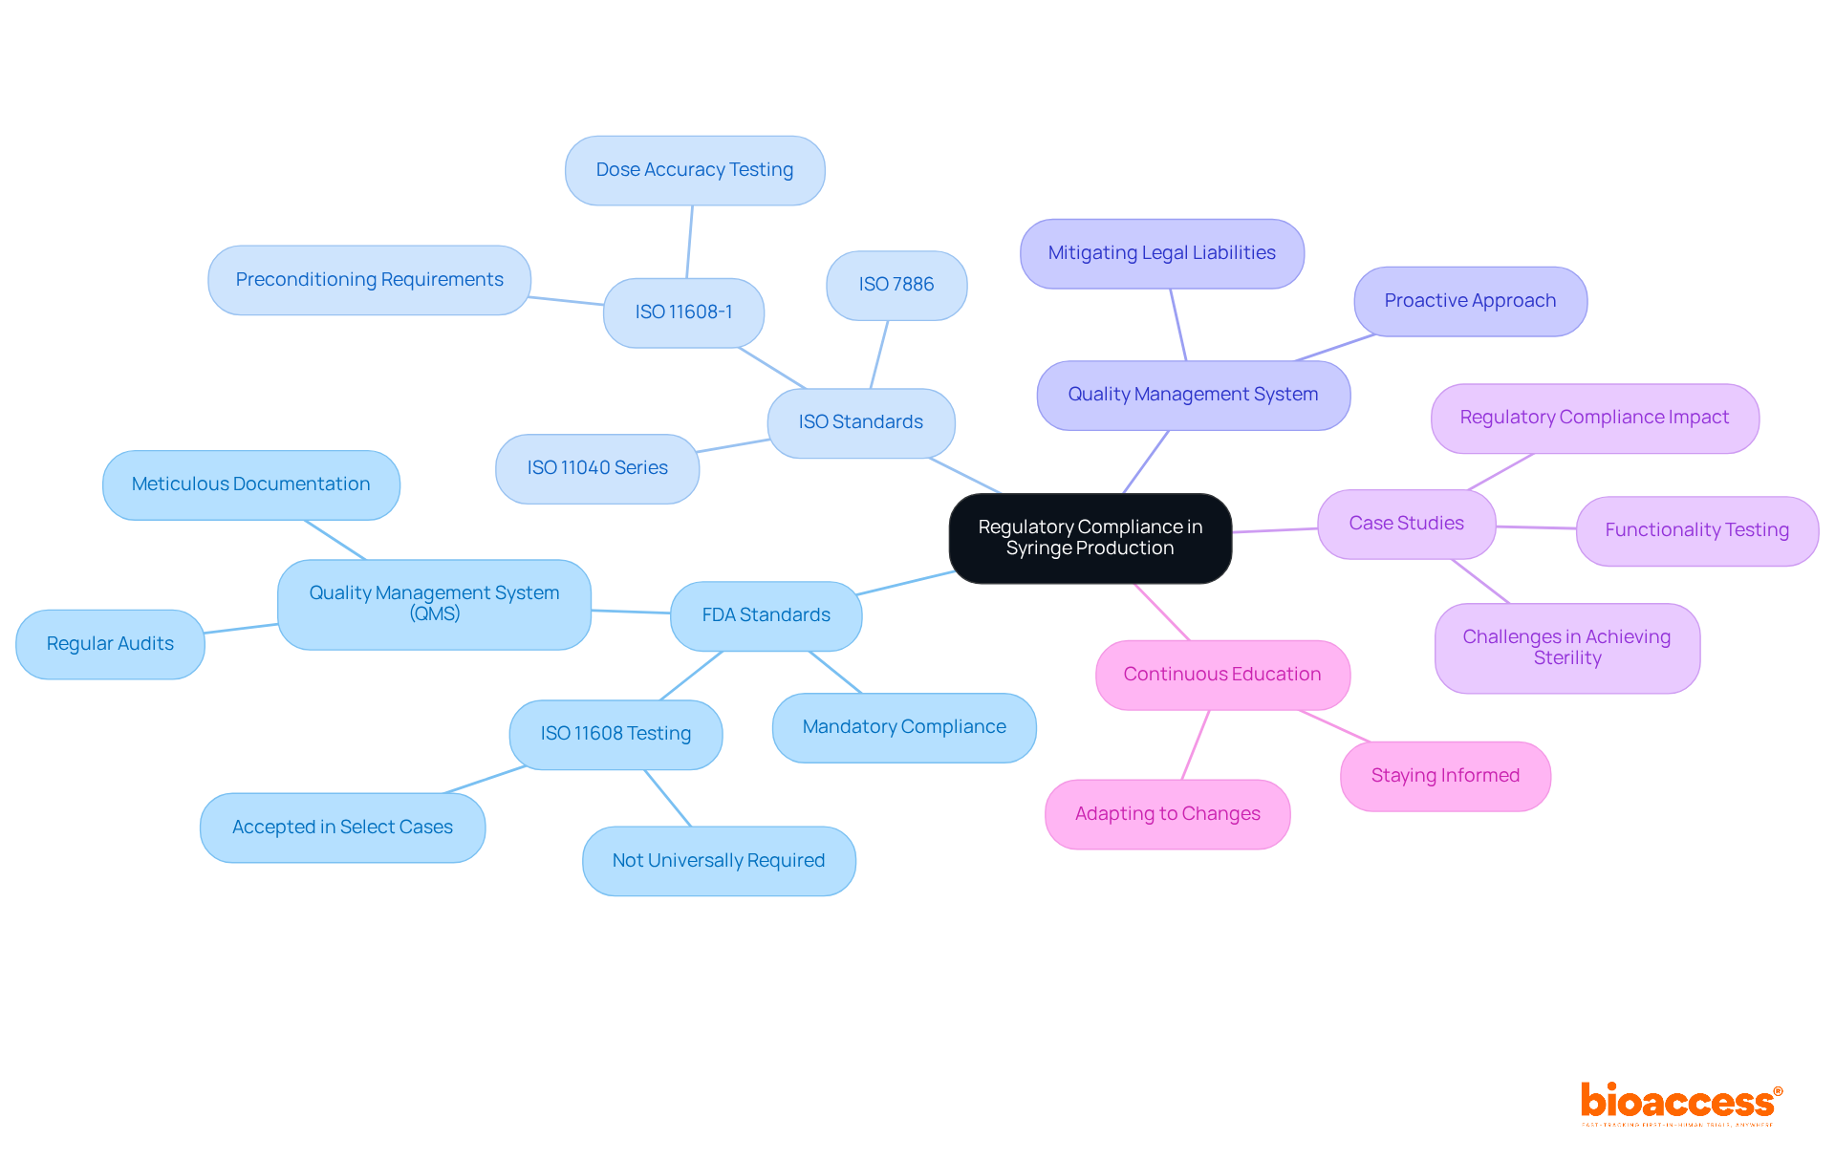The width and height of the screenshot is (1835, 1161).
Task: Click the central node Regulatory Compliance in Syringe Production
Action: [1090, 538]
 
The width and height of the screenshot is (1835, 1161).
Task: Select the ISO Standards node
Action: [860, 422]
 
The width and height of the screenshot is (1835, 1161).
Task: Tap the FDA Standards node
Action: [766, 615]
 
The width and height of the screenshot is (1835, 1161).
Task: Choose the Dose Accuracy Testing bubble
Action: [695, 170]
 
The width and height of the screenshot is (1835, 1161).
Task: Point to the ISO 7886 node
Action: [896, 285]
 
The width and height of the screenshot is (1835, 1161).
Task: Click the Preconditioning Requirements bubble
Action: [369, 280]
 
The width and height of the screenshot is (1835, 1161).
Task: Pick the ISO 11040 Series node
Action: [597, 468]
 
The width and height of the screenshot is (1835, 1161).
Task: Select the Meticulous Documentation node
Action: [250, 484]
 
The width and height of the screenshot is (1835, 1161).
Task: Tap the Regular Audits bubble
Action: [110, 644]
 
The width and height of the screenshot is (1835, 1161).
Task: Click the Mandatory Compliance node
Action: [904, 727]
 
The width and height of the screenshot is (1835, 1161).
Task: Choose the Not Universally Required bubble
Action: [719, 861]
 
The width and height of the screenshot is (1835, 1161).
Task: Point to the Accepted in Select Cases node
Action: [342, 828]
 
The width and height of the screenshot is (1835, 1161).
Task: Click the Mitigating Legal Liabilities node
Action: [1161, 253]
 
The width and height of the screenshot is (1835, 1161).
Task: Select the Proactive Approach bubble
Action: [1470, 301]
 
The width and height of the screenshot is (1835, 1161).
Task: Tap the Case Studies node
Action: [1406, 524]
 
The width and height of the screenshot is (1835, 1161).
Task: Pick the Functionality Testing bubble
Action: [1696, 530]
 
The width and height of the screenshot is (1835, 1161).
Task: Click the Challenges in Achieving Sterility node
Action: [1566, 648]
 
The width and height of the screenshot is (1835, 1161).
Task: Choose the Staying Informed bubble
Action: [1445, 776]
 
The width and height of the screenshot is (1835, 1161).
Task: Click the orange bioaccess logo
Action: [1680, 1103]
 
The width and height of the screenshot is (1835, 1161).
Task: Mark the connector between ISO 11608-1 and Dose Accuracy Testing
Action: [689, 242]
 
